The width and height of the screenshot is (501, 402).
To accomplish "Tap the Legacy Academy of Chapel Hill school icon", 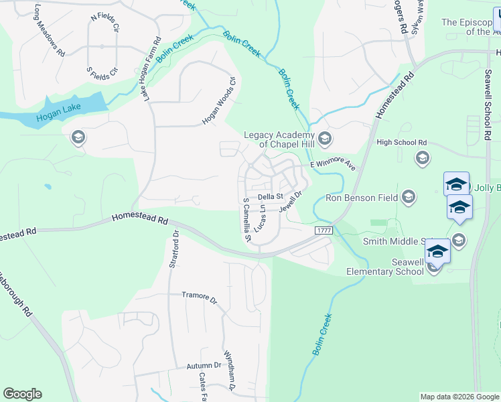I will [x=325, y=139].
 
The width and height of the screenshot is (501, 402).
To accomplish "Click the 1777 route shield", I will [x=323, y=230].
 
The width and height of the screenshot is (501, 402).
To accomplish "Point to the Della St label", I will [x=271, y=196].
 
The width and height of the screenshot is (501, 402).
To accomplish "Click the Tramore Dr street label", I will [x=200, y=297].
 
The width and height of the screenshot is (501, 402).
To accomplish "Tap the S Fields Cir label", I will [x=102, y=70].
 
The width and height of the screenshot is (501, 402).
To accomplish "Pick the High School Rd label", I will [x=401, y=143].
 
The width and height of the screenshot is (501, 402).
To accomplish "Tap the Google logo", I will [x=22, y=394].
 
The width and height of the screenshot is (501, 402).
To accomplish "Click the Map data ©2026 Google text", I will [x=459, y=397].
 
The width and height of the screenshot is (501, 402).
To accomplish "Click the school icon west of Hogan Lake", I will [x=78, y=138].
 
